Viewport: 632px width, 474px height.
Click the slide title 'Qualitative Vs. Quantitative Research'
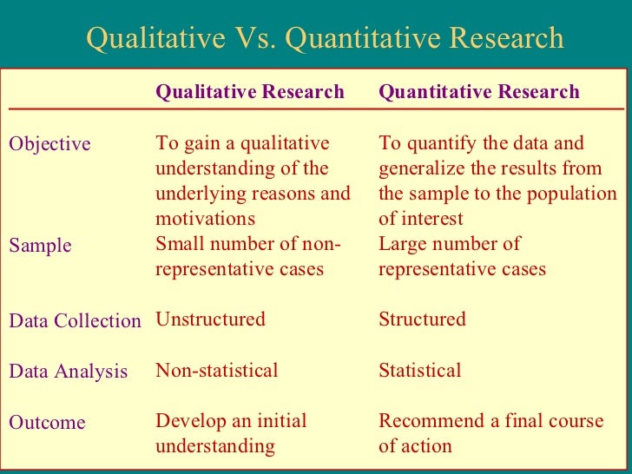(x=325, y=39)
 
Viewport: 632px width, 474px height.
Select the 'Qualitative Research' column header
(x=250, y=92)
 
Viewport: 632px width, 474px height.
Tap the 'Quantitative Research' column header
(x=479, y=92)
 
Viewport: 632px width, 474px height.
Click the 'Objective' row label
(x=49, y=144)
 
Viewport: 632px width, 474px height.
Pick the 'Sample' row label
(x=40, y=246)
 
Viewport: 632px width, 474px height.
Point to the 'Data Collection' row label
(x=75, y=321)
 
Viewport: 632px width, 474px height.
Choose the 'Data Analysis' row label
(x=68, y=372)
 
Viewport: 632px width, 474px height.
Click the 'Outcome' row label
(x=47, y=424)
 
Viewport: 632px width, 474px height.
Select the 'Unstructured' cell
(x=210, y=319)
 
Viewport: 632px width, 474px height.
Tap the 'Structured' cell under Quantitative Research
(x=422, y=319)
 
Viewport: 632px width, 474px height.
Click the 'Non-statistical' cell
(x=217, y=371)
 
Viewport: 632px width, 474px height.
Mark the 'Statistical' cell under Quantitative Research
(x=420, y=371)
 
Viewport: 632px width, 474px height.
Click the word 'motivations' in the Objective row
(x=206, y=219)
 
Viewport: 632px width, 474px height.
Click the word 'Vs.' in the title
(x=259, y=39)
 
